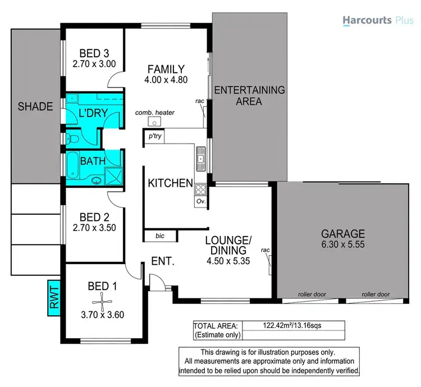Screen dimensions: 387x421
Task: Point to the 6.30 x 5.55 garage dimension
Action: [x=343, y=245]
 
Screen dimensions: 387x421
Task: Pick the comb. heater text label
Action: [x=155, y=113]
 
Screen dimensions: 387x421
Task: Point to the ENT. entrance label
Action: [x=164, y=261]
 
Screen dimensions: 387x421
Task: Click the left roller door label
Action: [x=312, y=294]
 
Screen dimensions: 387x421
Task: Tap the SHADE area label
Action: [x=35, y=107]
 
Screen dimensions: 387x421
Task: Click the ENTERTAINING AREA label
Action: [x=250, y=95]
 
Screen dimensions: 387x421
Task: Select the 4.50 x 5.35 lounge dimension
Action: [x=228, y=261]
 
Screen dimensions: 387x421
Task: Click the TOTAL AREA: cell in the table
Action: [x=216, y=325]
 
